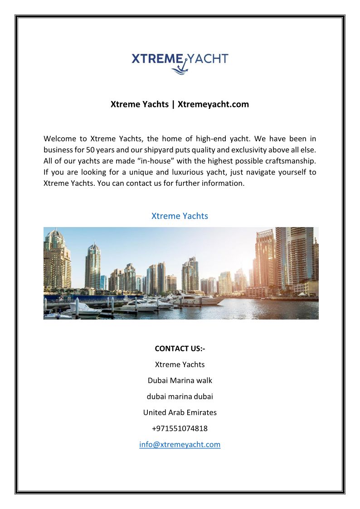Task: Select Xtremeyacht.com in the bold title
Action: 213,104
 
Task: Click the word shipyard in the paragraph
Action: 169,150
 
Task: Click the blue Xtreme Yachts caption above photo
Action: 180,216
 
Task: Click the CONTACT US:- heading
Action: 180,349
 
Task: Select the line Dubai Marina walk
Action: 180,380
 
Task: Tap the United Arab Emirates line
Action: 180,412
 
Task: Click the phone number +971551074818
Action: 180,428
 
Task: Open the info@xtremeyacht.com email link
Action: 180,444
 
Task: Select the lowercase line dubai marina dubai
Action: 180,396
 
